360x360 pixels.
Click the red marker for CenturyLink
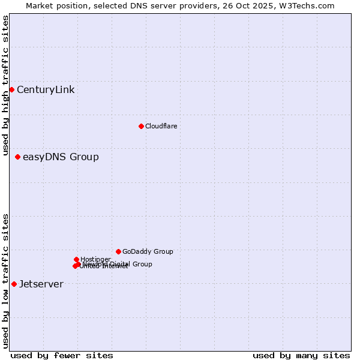(x=11, y=89)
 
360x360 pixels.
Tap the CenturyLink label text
(x=46, y=90)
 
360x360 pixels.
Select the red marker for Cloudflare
(x=141, y=126)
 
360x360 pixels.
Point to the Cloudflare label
(x=161, y=126)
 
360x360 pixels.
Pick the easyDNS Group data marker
(x=17, y=157)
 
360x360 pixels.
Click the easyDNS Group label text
(x=61, y=157)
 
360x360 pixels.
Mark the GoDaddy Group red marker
(x=118, y=251)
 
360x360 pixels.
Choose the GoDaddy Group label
(x=148, y=252)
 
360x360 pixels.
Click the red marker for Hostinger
(x=76, y=259)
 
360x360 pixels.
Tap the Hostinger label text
(x=95, y=259)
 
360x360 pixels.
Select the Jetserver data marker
(x=14, y=284)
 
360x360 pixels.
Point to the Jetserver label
(x=41, y=284)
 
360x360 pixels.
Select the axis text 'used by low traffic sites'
(x=5, y=280)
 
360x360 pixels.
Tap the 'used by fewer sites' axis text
(x=62, y=356)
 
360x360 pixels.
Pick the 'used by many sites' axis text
(x=301, y=356)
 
